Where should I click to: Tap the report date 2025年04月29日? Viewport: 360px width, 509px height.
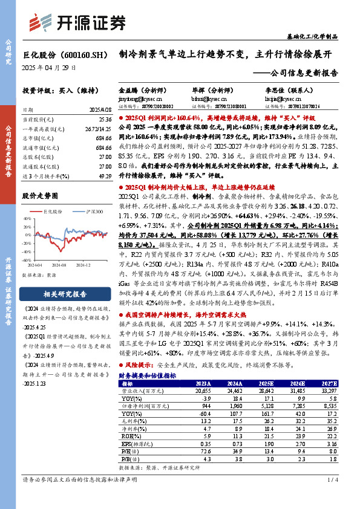click(x=49, y=68)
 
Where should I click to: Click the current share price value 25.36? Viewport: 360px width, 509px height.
click(x=103, y=120)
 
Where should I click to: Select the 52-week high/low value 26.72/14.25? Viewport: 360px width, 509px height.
click(x=98, y=129)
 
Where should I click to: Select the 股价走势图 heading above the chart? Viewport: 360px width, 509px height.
click(x=40, y=196)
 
